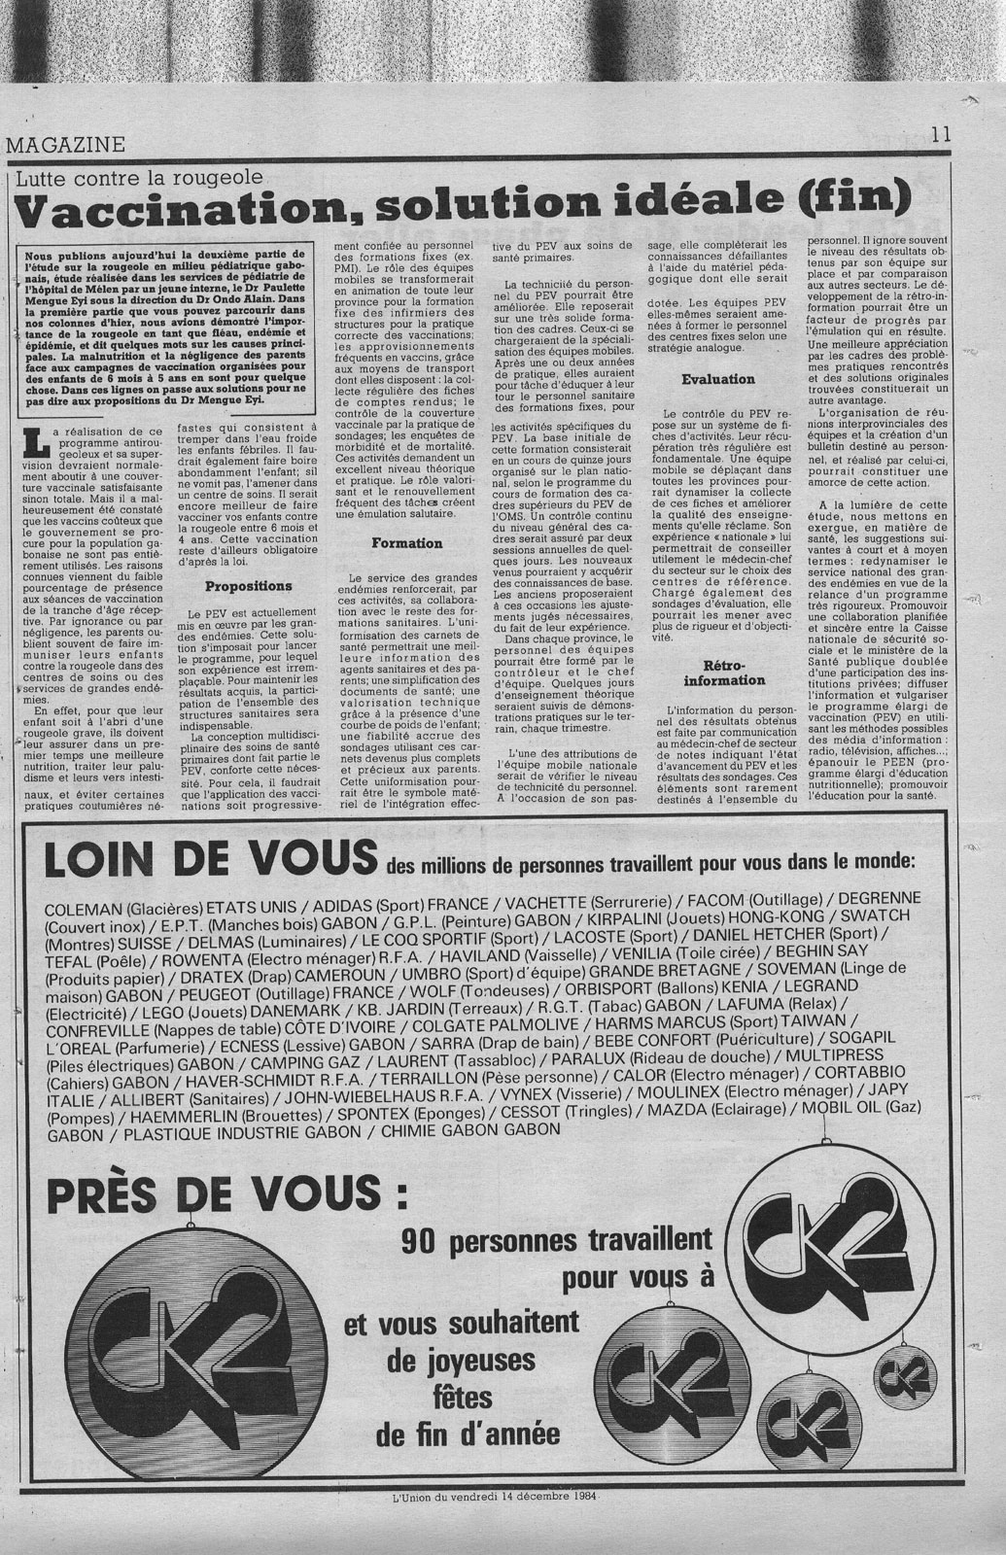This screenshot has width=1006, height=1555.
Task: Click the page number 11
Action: click(940, 137)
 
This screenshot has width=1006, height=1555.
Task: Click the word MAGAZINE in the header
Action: click(66, 145)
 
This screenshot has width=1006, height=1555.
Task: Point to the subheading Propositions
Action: click(248, 586)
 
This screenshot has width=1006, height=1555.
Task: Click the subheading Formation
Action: click(407, 543)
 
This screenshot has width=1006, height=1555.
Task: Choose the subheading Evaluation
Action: click(718, 379)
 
